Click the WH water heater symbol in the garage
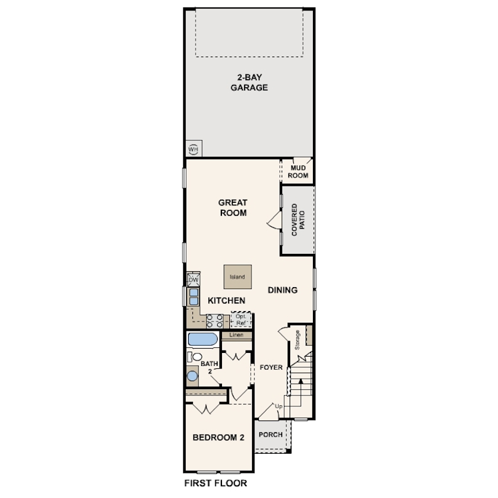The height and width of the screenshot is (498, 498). (194, 149)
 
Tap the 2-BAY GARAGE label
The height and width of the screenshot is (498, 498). (248, 82)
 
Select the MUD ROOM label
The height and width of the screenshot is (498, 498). (299, 171)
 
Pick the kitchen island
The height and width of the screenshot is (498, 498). (237, 277)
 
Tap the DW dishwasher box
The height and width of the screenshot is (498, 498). (194, 280)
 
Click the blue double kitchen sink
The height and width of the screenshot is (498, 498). (193, 297)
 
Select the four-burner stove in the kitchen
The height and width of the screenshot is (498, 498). (215, 320)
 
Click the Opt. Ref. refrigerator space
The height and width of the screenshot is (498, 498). (241, 320)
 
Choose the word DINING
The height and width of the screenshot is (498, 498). (283, 290)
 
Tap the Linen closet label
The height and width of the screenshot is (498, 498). (237, 336)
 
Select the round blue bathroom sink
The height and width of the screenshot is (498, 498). (193, 376)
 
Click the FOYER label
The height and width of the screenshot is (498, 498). (271, 368)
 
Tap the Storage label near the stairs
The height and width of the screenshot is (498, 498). (298, 340)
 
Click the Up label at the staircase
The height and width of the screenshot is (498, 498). (279, 406)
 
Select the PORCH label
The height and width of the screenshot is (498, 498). (271, 435)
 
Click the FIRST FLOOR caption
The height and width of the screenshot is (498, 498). (216, 483)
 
